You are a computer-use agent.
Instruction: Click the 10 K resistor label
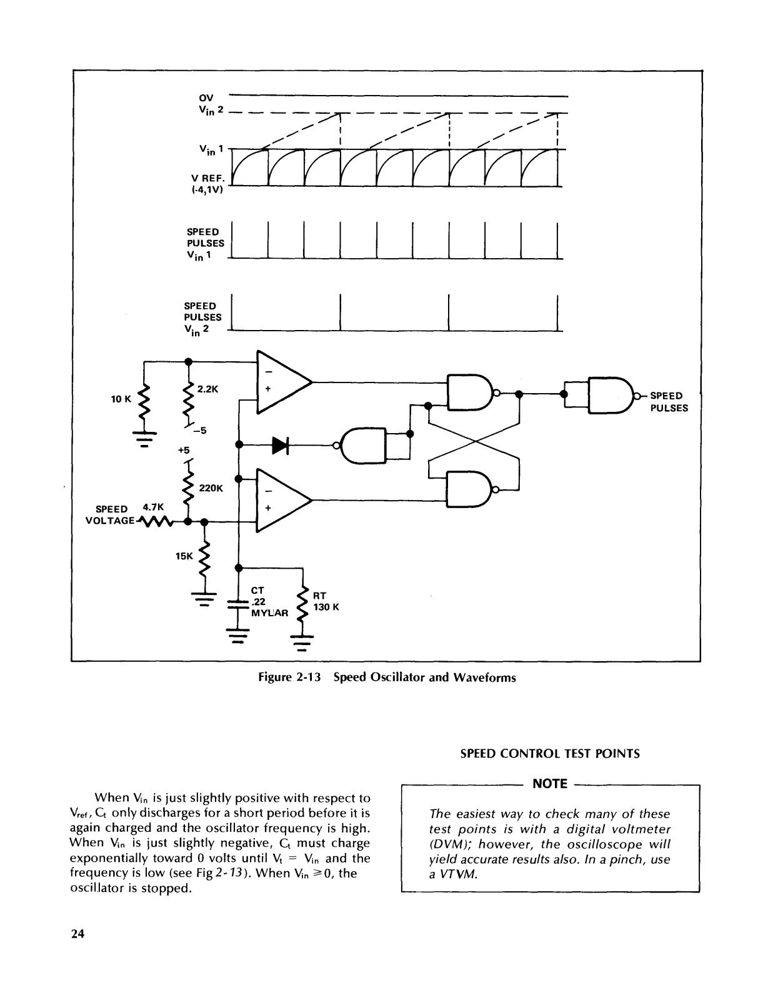point(121,399)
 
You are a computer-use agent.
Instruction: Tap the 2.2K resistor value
point(207,389)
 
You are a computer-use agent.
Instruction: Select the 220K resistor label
point(211,488)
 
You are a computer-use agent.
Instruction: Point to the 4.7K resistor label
point(153,507)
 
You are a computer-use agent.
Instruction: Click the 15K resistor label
point(184,556)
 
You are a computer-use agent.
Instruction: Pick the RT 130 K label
point(326,601)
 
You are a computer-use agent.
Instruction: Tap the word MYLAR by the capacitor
point(269,613)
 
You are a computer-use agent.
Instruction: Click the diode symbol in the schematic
point(280,445)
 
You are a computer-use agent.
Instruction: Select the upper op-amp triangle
point(284,382)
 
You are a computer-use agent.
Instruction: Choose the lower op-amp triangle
point(284,500)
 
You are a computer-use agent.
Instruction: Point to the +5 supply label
point(184,449)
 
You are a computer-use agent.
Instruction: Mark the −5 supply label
point(200,431)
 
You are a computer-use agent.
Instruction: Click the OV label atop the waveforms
point(206,98)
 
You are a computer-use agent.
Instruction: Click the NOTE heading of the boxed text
point(550,784)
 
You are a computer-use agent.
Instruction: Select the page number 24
point(77,934)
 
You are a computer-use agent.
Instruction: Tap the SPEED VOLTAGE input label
point(111,515)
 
